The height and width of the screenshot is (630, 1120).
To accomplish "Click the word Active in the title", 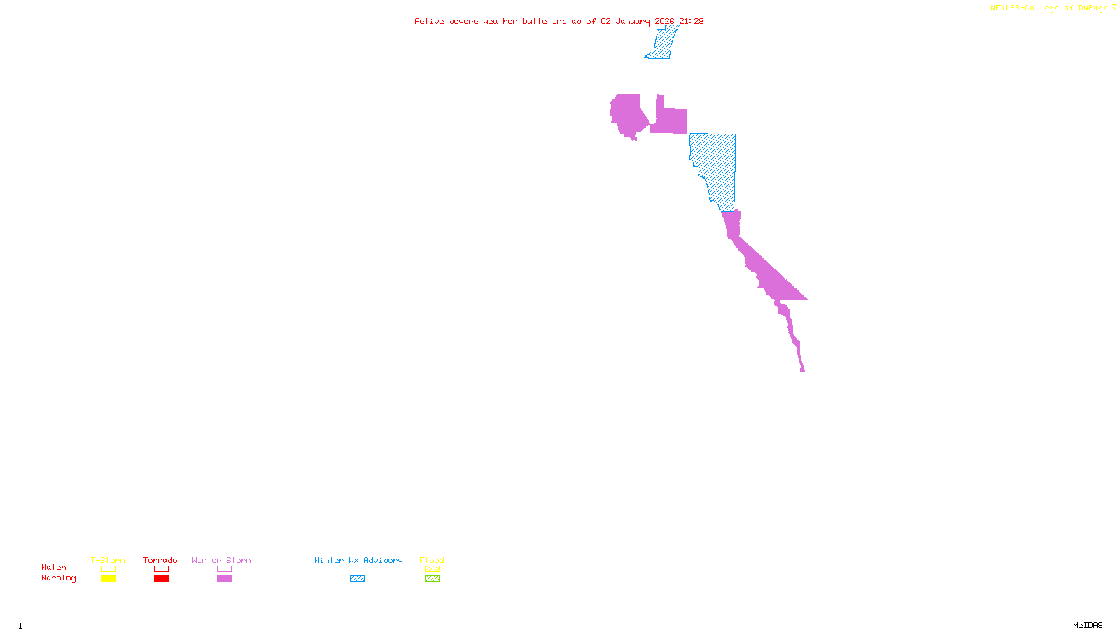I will tap(429, 21).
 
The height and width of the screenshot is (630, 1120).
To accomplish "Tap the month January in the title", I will tap(633, 21).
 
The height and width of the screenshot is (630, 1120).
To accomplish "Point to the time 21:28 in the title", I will tap(691, 21).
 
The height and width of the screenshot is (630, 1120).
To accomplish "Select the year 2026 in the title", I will tap(664, 21).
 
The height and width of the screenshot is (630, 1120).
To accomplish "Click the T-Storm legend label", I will tap(108, 560).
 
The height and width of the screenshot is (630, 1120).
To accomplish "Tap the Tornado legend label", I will tap(160, 560).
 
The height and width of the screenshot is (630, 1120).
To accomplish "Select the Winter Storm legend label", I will tap(221, 560).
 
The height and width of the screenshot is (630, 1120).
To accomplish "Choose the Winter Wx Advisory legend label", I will tap(358, 560).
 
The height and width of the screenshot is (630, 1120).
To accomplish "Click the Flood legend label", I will tap(432, 560).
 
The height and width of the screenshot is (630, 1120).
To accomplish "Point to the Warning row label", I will tap(59, 578).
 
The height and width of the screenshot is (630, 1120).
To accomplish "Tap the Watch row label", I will tap(54, 567).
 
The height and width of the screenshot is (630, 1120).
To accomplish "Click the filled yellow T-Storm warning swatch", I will tap(108, 579).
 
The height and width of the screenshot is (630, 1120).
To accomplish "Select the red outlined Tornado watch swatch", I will tap(161, 569).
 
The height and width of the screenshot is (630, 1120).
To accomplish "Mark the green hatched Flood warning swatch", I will tap(432, 579).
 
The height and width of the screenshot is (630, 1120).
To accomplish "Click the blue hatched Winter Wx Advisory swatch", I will tap(357, 579).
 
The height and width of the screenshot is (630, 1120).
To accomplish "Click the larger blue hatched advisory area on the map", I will tap(717, 164).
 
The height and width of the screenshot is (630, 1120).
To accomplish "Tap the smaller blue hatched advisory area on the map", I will tap(663, 43).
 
